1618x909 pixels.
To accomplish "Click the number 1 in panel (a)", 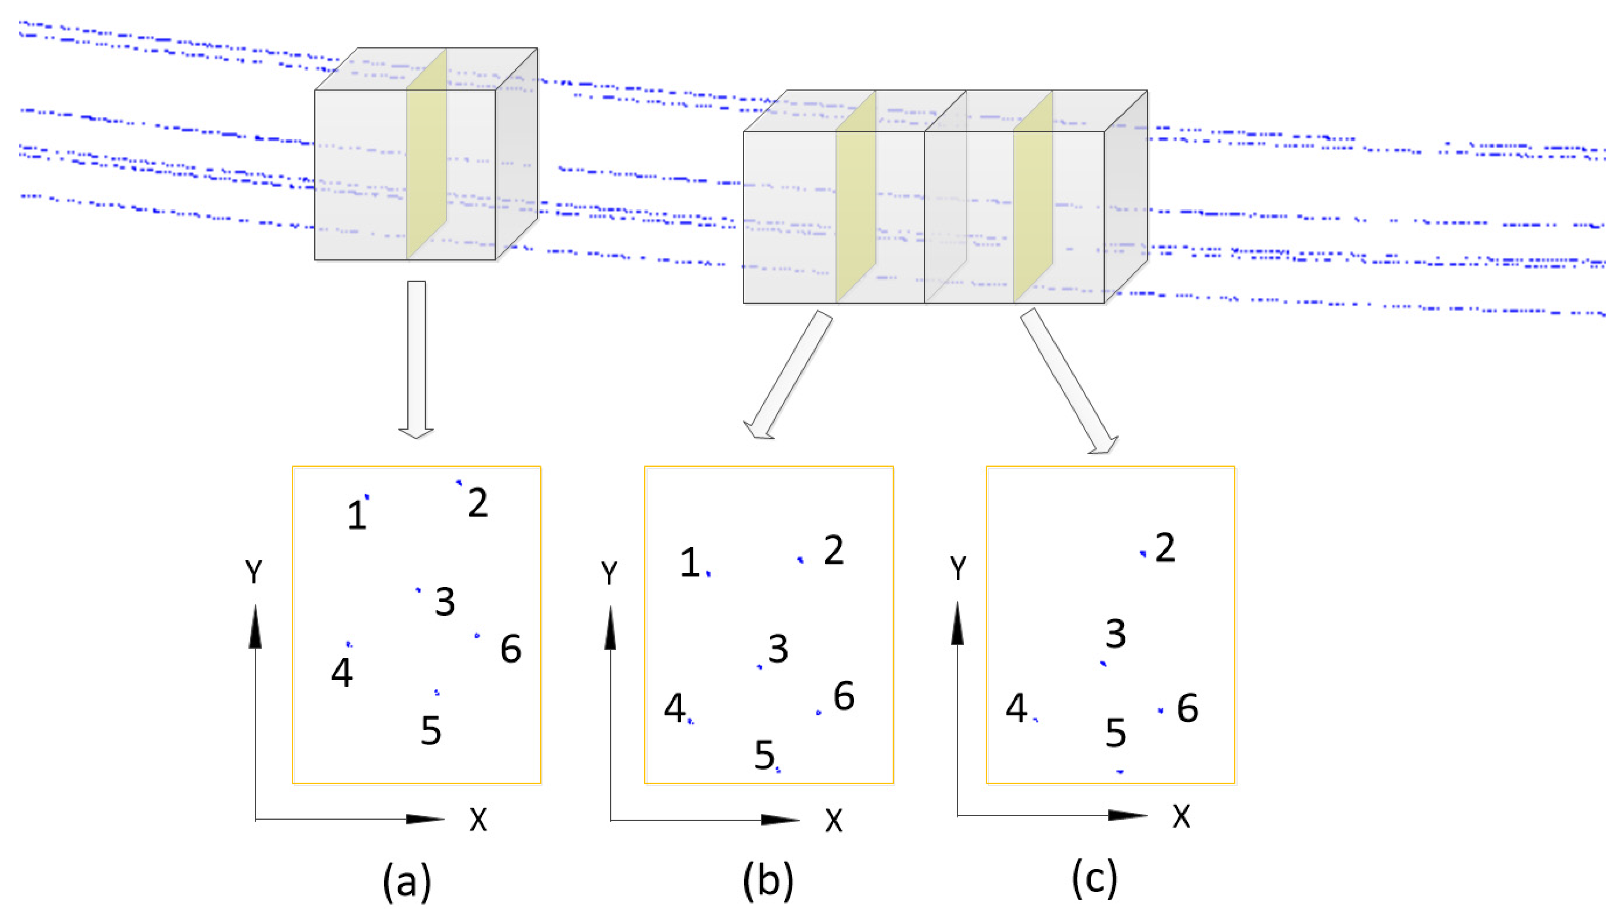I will click(x=357, y=515).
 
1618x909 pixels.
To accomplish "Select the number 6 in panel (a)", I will click(x=511, y=649).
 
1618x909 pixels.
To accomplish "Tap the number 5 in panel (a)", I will click(x=431, y=730).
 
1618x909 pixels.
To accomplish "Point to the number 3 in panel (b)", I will click(x=778, y=649).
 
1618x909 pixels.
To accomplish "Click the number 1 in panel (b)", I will click(x=690, y=562).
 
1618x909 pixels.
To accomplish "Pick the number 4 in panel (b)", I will click(x=674, y=709).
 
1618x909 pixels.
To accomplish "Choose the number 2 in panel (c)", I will click(x=1165, y=548).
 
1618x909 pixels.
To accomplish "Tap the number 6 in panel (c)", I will click(x=1187, y=709).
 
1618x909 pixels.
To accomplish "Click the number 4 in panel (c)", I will click(x=1016, y=708).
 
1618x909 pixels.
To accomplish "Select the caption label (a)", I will click(x=407, y=880).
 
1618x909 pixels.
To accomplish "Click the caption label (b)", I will click(x=768, y=880).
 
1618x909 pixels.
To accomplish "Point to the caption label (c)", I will click(x=1094, y=879).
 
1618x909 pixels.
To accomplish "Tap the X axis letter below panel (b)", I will click(x=834, y=820).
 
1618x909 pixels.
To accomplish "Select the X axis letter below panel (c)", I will click(x=1181, y=817).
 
